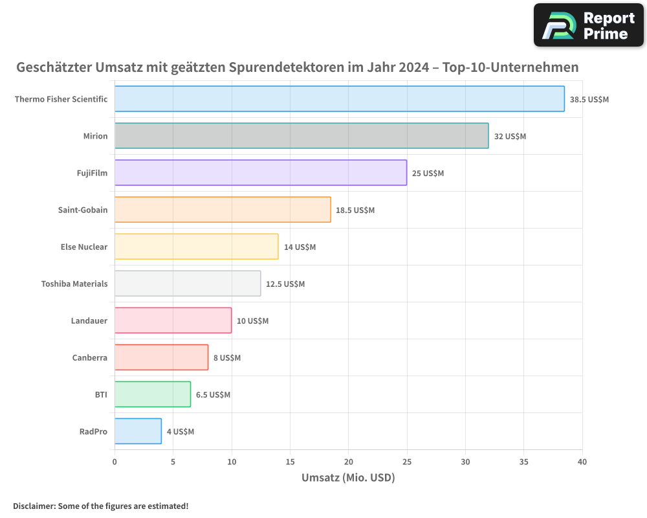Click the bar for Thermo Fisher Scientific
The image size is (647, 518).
tap(339, 99)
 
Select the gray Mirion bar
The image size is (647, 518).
tap(302, 136)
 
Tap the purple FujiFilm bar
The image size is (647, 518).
tap(261, 173)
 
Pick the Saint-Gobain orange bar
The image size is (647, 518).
tap(223, 210)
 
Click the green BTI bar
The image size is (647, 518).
tap(153, 394)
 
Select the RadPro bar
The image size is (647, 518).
tap(138, 431)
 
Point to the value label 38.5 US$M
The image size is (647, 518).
tap(589, 100)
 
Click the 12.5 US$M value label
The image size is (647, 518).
tap(285, 284)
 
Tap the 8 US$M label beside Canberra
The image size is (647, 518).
tap(227, 358)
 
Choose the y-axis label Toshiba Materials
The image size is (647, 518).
tap(74, 284)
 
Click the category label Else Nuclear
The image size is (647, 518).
tap(83, 247)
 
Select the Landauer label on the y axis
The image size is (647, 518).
tap(89, 321)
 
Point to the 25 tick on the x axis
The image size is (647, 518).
tap(407, 462)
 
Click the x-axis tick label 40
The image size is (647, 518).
tap(582, 462)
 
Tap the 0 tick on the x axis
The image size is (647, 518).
tap(115, 462)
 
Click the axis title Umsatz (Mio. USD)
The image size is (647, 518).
tap(348, 478)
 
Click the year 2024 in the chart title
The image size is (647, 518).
tap(413, 67)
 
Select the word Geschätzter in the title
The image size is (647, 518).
tap(54, 67)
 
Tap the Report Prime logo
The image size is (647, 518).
tap(589, 25)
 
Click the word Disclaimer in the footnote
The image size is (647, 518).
tap(33, 506)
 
